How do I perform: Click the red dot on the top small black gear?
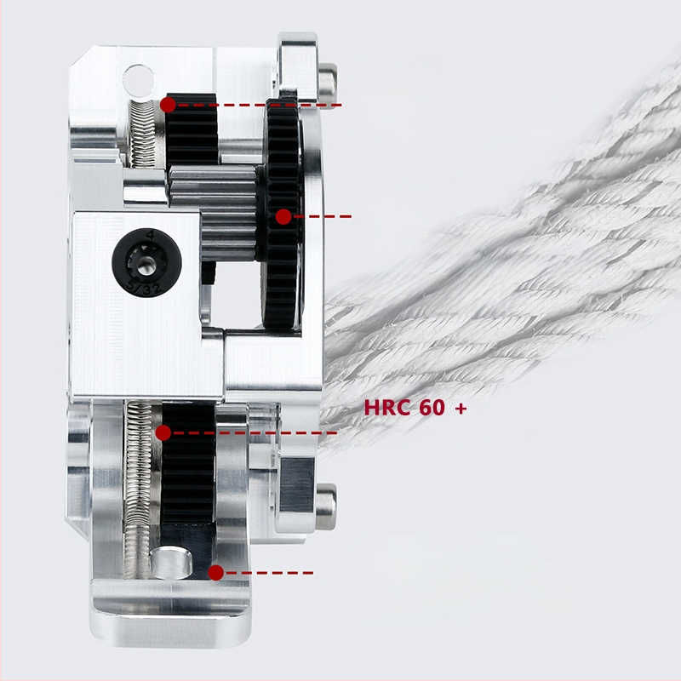point(168,105)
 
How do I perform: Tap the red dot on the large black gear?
point(283,217)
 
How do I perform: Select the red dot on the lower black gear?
point(163,432)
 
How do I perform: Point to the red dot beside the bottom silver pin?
point(216,572)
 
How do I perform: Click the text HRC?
point(388,408)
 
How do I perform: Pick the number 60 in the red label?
point(432,408)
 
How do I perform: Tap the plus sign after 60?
point(461,409)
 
